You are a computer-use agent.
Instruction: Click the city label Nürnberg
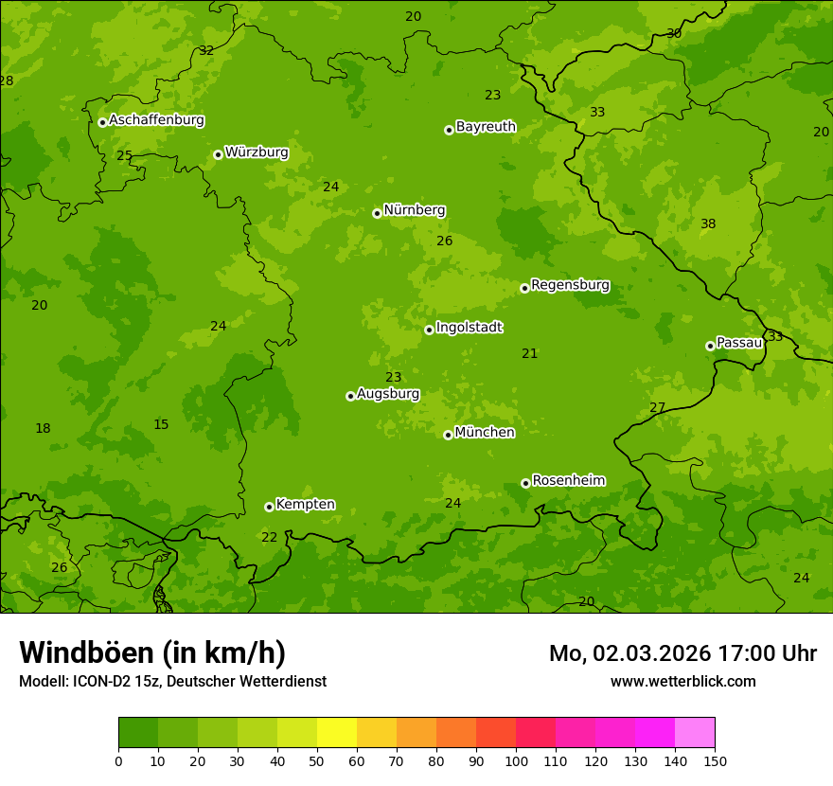click(x=414, y=210)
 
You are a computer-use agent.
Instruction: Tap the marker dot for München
click(x=448, y=435)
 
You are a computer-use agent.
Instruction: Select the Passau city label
click(x=739, y=343)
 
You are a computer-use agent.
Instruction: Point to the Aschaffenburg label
click(x=156, y=120)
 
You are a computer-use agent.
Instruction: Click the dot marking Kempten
click(x=269, y=507)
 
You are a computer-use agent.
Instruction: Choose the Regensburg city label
click(x=570, y=285)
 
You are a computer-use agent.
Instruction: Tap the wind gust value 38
click(x=708, y=224)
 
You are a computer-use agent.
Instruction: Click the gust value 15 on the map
click(x=161, y=425)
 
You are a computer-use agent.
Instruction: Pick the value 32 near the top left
click(x=206, y=51)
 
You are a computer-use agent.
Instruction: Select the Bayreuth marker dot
click(x=449, y=130)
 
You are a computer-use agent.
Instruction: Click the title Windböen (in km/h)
click(x=152, y=652)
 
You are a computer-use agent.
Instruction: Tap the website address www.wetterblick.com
click(x=682, y=681)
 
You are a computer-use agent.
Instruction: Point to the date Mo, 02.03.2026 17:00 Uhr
click(x=682, y=653)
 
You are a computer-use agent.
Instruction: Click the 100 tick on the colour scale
click(x=516, y=760)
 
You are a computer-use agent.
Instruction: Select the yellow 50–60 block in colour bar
click(x=337, y=733)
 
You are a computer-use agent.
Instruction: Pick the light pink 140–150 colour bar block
click(x=695, y=733)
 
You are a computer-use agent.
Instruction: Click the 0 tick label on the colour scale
click(x=118, y=760)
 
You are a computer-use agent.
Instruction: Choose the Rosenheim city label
click(x=568, y=481)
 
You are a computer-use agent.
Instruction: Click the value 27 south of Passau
click(x=658, y=408)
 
